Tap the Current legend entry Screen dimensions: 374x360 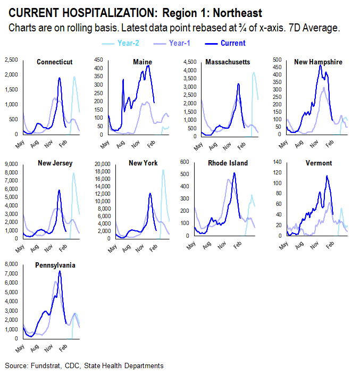pos(232,43)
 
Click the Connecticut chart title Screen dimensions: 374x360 pos(55,62)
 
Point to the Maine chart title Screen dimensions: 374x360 pos(142,62)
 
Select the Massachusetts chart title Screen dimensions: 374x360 pos(228,62)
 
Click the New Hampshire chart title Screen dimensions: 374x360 pos(319,62)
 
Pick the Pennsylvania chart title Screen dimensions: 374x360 pos(55,264)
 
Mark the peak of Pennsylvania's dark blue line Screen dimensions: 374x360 pos(60,271)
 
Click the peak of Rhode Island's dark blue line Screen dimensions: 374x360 pos(234,173)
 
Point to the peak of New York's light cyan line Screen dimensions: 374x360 pos(163,170)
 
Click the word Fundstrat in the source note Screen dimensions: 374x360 pos(44,366)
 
